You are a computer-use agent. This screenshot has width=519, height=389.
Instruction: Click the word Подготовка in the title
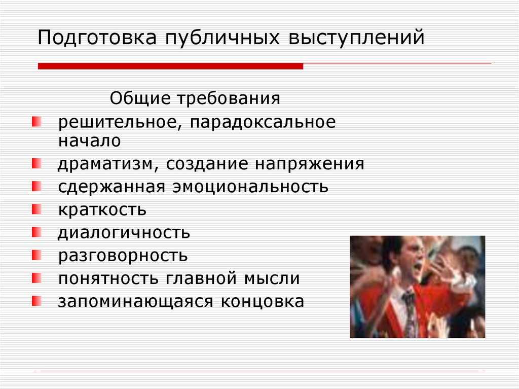[x=97, y=37]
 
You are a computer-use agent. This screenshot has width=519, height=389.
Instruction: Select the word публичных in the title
[x=223, y=37]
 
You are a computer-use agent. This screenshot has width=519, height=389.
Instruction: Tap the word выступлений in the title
[x=356, y=37]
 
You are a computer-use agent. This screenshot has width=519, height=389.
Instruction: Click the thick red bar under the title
[x=170, y=66]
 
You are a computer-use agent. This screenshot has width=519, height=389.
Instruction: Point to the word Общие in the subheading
[x=140, y=98]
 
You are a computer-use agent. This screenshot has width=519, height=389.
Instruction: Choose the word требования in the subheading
[x=229, y=98]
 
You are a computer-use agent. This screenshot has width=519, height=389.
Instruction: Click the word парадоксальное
[x=263, y=123]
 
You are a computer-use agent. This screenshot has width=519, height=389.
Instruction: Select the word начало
[x=89, y=140]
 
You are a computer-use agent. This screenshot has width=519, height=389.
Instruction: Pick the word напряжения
[x=309, y=164]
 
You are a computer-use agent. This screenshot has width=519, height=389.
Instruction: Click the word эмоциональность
[x=250, y=187]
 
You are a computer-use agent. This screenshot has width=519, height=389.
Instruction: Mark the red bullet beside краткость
[x=36, y=209]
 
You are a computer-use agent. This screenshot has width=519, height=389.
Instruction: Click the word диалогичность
[x=124, y=233]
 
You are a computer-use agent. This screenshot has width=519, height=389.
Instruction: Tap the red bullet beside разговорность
[x=36, y=255]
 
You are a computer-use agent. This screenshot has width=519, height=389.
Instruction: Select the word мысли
[x=272, y=278]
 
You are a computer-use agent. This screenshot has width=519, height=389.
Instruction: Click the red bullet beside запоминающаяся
[x=36, y=301]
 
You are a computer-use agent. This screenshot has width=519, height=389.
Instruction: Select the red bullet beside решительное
[x=36, y=121]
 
